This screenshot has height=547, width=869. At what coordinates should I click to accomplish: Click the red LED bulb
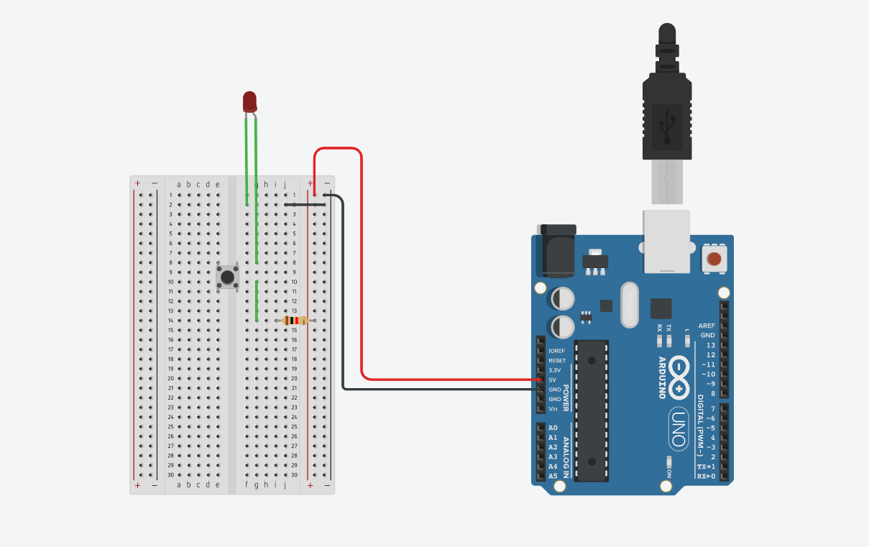(249, 101)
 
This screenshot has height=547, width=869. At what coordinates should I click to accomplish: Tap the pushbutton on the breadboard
(228, 277)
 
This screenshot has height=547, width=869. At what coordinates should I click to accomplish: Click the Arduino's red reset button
(714, 259)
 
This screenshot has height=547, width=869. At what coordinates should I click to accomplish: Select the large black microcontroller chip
(592, 410)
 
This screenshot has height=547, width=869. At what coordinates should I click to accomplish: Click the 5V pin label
(552, 380)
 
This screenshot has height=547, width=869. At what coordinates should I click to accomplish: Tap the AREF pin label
(707, 326)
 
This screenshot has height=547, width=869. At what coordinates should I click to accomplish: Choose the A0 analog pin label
(553, 428)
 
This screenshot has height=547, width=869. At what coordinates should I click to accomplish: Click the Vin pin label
(553, 408)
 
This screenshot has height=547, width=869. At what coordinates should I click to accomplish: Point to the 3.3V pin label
(554, 369)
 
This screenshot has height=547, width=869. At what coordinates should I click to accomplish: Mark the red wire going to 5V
(362, 288)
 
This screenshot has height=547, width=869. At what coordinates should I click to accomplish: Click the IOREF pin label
(556, 351)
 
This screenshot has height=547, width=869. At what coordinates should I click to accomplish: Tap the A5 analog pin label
(553, 476)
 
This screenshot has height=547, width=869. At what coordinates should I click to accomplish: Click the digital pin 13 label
(710, 345)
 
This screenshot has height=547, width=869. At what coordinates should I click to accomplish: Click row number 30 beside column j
(294, 474)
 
